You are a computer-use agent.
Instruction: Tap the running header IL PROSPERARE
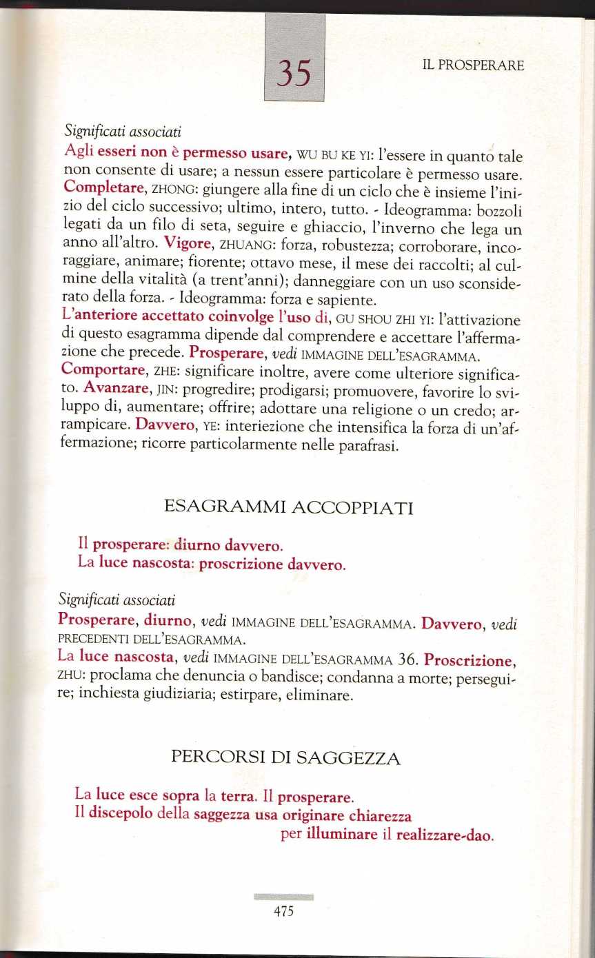[x=472, y=65]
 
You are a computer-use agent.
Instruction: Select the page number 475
[x=283, y=911]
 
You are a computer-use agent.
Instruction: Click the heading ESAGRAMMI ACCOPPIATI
[x=289, y=509]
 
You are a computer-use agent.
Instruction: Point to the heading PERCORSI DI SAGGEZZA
[x=285, y=758]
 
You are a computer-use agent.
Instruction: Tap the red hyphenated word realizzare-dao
[x=445, y=835]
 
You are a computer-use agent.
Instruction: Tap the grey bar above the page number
[x=283, y=897]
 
